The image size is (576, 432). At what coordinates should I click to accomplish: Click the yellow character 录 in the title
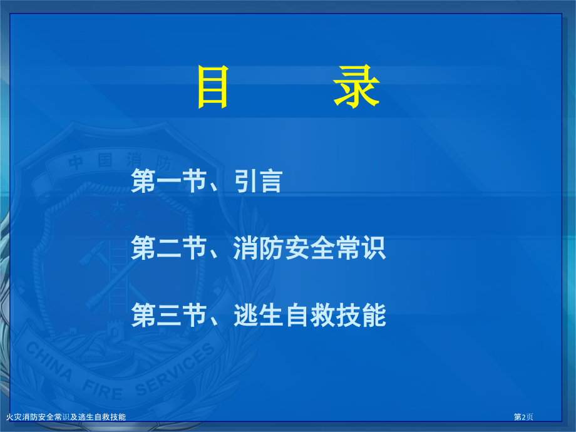click(356, 88)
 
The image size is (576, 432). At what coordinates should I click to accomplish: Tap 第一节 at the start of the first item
click(169, 182)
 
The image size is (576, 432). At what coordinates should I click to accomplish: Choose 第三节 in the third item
click(169, 316)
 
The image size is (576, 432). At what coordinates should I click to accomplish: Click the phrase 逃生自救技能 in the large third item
click(311, 316)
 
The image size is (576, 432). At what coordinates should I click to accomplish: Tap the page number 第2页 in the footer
click(524, 417)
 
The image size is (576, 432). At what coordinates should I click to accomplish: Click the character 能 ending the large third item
click(374, 316)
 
